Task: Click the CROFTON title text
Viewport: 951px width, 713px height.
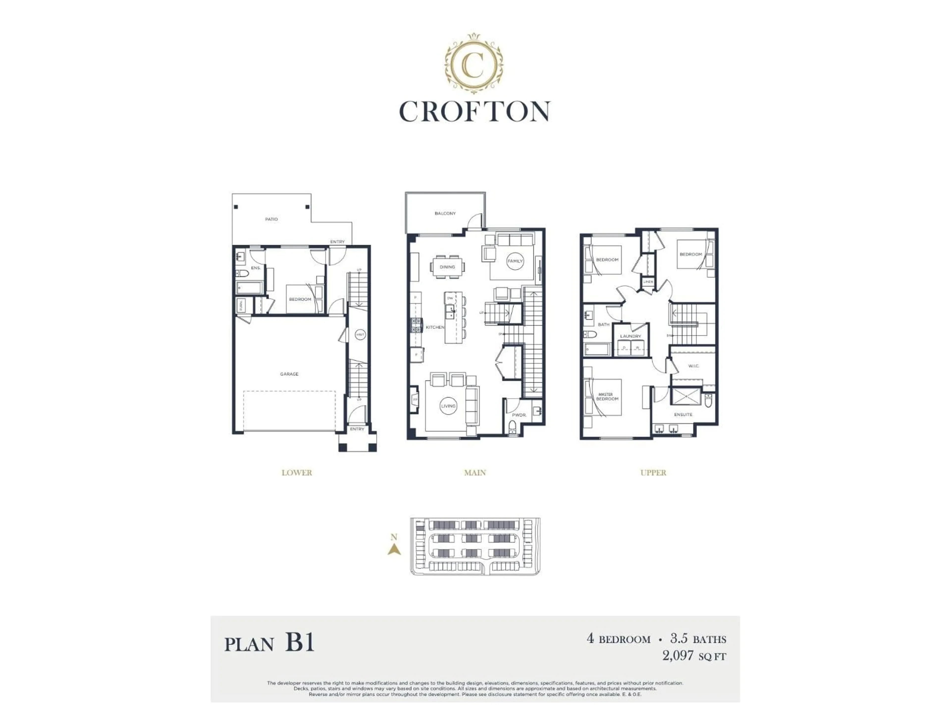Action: tap(475, 112)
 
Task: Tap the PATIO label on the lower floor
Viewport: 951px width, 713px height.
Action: tap(271, 219)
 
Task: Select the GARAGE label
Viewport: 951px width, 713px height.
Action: tap(289, 374)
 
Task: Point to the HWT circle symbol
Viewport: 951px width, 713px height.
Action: tap(360, 335)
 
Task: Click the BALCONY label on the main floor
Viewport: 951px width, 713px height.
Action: tap(445, 213)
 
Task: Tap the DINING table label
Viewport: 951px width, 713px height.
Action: tap(447, 267)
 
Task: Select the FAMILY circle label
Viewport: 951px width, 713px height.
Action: tap(515, 261)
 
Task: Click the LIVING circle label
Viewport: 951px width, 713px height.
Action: tap(448, 406)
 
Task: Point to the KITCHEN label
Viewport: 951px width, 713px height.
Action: tap(435, 327)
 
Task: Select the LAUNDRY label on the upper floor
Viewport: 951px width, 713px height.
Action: tap(631, 336)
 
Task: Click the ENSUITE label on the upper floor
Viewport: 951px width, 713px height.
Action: tap(683, 414)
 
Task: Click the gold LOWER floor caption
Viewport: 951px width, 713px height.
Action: tap(297, 473)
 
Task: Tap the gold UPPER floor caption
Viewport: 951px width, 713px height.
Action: tap(653, 473)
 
